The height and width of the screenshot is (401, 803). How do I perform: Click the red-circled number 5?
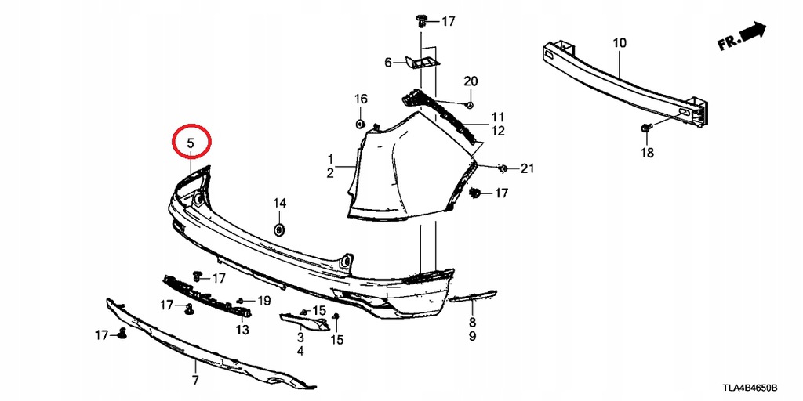tap(191, 143)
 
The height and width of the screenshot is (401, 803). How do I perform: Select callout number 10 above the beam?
tap(620, 43)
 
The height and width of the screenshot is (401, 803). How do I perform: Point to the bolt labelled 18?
tap(645, 128)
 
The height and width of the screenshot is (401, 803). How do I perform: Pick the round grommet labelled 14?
tap(279, 229)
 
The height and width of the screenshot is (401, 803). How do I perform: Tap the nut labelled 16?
tap(360, 123)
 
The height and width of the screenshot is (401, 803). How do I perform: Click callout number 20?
tap(471, 81)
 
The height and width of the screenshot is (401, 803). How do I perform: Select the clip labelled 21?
tap(503, 168)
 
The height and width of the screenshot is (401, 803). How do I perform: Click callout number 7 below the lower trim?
tap(195, 380)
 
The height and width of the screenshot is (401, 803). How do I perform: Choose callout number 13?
tap(242, 330)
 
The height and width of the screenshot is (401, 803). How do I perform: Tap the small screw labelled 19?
tap(240, 301)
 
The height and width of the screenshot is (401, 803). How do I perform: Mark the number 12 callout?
tap(498, 131)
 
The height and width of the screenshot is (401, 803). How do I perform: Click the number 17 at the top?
tap(448, 21)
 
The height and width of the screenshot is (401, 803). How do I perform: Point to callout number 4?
tap(300, 352)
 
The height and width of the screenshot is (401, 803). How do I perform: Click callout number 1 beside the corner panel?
tap(331, 158)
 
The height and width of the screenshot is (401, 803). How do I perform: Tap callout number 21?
tap(527, 168)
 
